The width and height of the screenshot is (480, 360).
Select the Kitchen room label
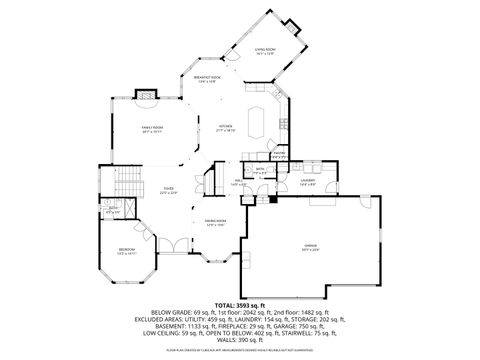coord(226,127)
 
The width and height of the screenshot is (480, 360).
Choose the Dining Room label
coord(216,222)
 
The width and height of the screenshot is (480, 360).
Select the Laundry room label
coord(307,181)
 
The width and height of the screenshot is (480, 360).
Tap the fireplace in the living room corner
coord(291,25)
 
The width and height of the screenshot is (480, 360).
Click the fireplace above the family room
coord(147,95)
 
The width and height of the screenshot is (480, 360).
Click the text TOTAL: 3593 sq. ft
coord(240,304)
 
